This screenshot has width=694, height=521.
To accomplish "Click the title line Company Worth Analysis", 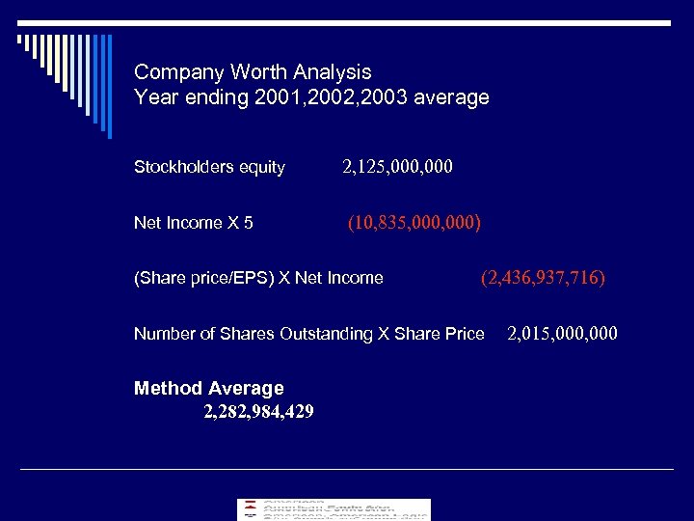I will coord(253,72).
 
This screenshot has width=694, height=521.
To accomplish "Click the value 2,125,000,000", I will coord(397,167).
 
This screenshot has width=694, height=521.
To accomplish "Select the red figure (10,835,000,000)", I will coord(414,223).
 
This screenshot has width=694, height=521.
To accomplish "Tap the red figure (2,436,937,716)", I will coord(544,278).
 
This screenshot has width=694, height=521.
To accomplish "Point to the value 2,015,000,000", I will coord(563,334).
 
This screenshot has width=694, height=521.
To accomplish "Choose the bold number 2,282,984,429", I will coord(258,412).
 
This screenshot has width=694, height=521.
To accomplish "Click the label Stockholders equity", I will coord(209,168).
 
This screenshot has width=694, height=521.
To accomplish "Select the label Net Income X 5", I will coord(194,223).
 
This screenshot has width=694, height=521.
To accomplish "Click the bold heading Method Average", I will coord(209,389).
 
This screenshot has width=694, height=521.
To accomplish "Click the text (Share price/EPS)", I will coord(203,279).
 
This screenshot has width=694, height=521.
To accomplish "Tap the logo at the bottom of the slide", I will coord(334,509).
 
